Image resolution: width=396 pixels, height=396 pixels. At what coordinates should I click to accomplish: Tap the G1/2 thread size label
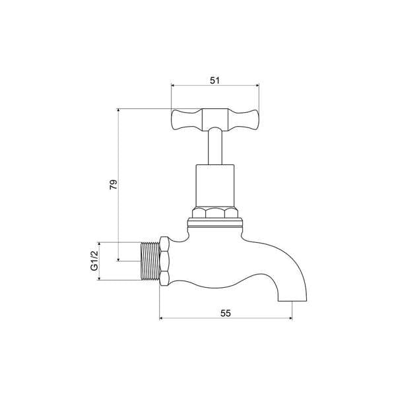pos(94,261)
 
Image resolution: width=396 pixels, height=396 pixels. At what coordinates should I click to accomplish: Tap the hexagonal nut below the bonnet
pos(214,214)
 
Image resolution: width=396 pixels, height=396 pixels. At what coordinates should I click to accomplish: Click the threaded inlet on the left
pos(151,261)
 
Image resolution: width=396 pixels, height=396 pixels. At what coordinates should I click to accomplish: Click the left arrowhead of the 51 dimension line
pos(174,85)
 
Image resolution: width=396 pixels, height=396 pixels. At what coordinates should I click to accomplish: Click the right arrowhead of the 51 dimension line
pos(256,85)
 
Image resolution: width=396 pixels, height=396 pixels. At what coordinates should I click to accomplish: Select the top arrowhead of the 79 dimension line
pos(118,110)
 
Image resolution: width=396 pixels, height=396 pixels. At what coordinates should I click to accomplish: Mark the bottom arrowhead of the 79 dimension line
pos(118,259)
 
